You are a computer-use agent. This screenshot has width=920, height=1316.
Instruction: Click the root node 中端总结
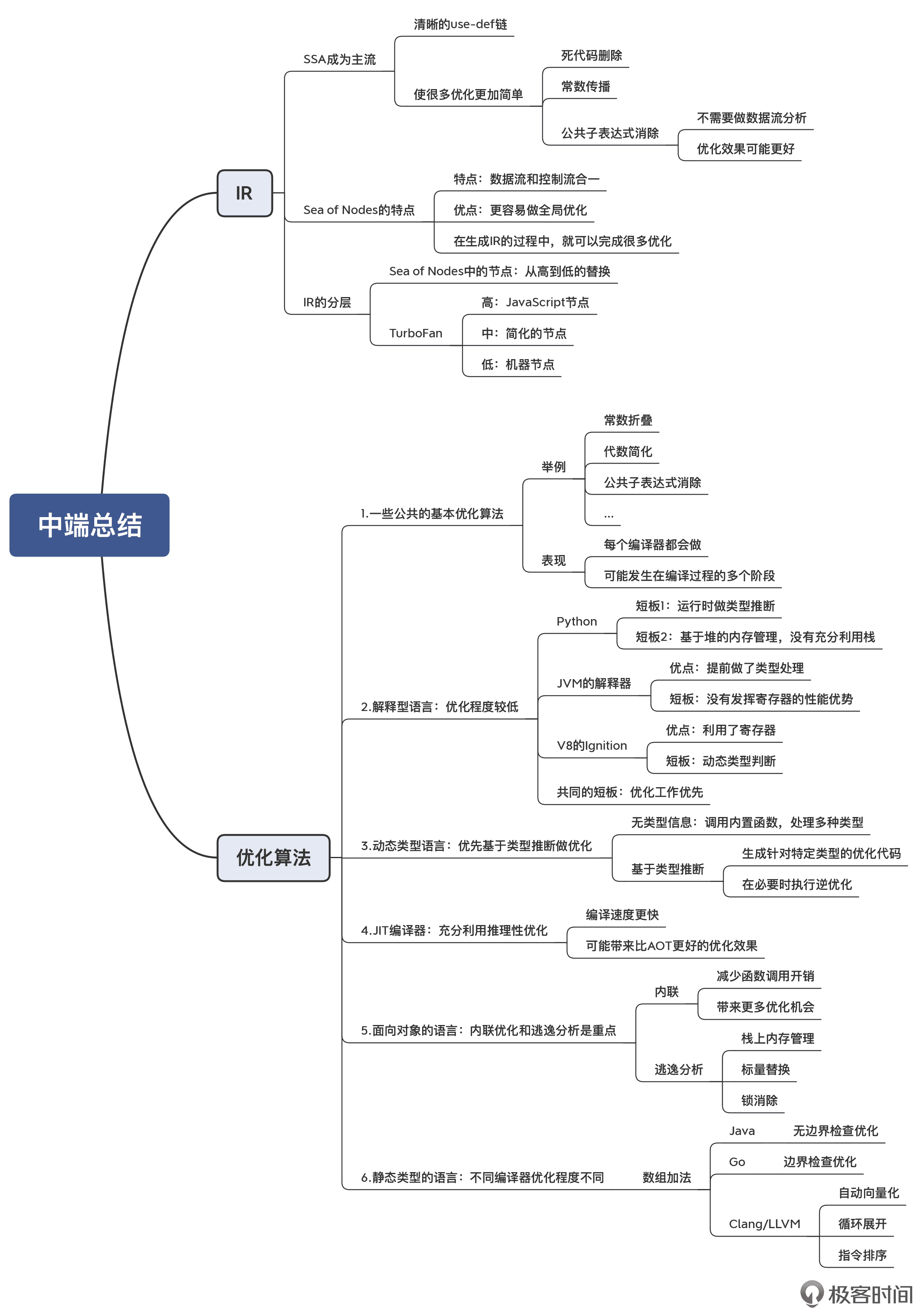coord(89,525)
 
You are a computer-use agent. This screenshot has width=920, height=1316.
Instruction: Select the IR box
coord(245,193)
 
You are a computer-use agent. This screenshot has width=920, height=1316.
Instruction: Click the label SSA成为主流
coord(339,60)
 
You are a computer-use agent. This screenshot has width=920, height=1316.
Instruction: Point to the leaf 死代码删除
coord(591,56)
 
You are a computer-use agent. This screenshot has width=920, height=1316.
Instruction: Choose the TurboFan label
coord(415,334)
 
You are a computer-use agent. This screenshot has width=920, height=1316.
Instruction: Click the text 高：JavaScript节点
coord(535,303)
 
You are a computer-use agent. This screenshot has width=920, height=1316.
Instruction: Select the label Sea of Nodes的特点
coord(358,210)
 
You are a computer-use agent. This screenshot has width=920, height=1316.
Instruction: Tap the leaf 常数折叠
coord(628,421)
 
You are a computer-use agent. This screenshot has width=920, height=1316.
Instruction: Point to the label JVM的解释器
coord(593,684)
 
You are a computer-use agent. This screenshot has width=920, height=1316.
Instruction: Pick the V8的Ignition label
coord(592,746)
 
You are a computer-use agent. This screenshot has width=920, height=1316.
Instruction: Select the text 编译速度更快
coord(622,915)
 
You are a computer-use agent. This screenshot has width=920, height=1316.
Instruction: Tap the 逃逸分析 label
coord(678,1070)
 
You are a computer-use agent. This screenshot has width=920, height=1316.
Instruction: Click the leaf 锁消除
coord(759,1100)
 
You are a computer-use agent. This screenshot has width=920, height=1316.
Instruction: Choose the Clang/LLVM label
coord(764,1224)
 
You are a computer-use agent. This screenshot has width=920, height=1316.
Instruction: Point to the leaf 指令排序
coord(862,1255)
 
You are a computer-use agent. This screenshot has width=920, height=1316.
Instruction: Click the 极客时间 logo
coord(856,1294)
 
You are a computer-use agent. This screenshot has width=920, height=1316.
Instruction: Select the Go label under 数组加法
coord(737,1162)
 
